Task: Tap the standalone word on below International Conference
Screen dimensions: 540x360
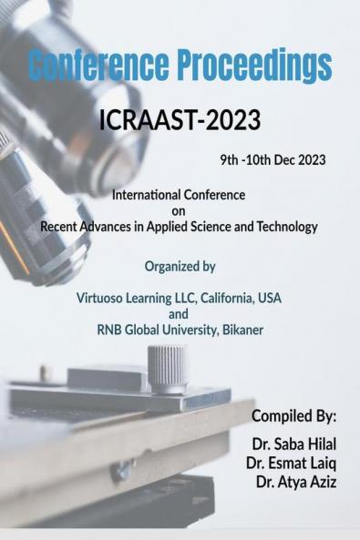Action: click(x=179, y=210)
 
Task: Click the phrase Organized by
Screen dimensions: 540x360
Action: click(x=179, y=267)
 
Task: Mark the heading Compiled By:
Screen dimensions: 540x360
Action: click(x=293, y=417)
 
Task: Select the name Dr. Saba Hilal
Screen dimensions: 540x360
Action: click(x=292, y=443)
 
